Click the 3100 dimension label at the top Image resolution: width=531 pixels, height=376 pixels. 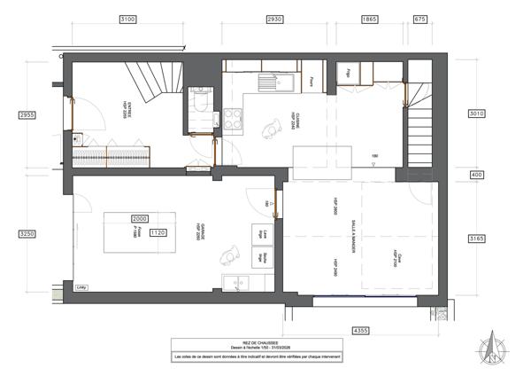coord(127,19)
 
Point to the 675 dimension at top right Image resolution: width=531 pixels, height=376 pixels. coord(419,19)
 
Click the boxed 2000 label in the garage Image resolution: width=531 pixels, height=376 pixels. coord(139,218)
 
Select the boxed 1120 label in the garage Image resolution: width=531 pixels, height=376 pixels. coord(158,232)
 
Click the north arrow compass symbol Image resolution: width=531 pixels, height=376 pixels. coord(489,346)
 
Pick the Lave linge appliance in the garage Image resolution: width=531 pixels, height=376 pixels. coord(264,235)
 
